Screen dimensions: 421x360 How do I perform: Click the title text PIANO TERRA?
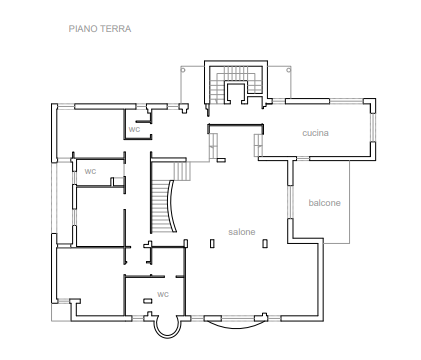click(x=100, y=29)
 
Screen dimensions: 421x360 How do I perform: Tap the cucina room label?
click(x=315, y=133)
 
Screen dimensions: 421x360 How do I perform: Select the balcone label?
click(x=324, y=203)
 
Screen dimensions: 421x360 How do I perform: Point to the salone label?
click(x=242, y=232)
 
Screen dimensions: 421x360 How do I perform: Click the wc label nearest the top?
click(x=134, y=129)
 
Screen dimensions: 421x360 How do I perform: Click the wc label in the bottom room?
click(x=163, y=294)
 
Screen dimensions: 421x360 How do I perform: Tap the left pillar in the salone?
click(x=212, y=244)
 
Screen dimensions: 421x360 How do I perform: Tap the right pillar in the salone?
click(x=265, y=244)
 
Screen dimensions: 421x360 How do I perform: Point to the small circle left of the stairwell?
click(x=183, y=70)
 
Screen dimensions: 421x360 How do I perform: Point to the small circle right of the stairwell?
click(x=289, y=70)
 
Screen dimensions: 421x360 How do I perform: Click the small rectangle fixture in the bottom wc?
click(x=148, y=301)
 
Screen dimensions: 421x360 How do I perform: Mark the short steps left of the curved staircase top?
click(x=182, y=171)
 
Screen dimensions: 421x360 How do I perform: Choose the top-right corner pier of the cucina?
click(x=370, y=104)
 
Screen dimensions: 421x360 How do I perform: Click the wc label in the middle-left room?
click(x=90, y=171)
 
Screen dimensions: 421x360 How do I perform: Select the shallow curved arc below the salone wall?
click(x=236, y=326)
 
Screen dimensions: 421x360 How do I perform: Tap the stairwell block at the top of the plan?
click(x=236, y=83)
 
